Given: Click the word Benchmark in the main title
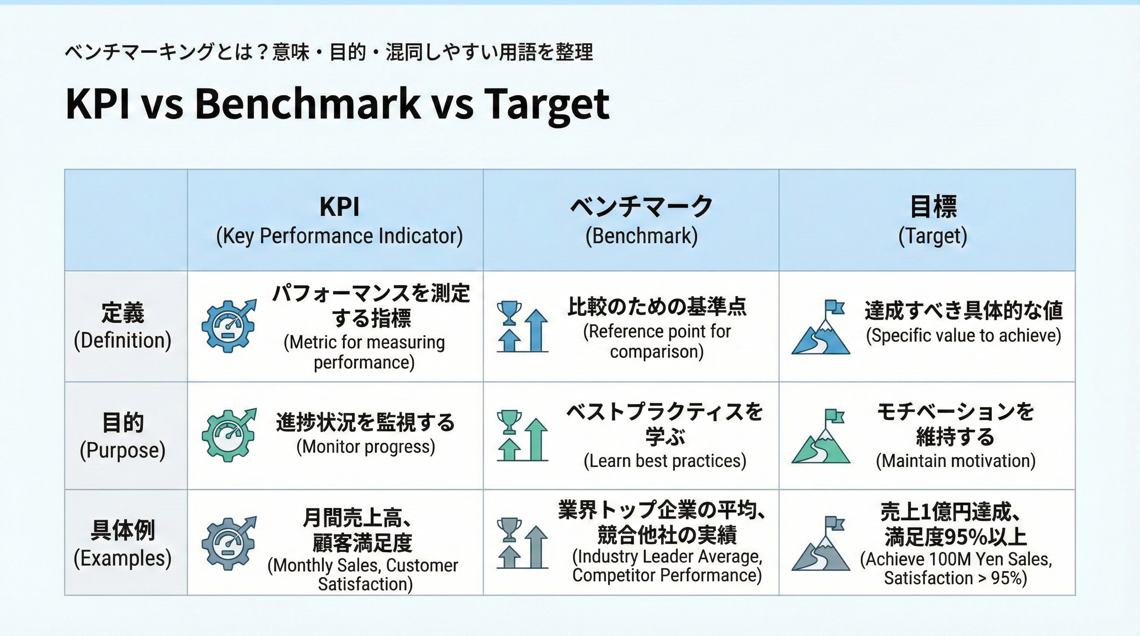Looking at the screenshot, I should pos(307,104).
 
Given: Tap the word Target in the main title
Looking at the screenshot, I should pos(546,104).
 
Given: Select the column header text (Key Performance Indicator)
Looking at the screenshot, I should pos(339,236).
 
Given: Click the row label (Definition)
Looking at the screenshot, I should pos(123,340).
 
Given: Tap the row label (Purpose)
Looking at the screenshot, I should pos(123,450).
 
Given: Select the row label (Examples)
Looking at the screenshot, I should pos(123,558).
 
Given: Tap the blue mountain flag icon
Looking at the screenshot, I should pos(821,327).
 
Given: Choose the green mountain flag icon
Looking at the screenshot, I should pos(821,436).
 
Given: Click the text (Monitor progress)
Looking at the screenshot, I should pos(365,447).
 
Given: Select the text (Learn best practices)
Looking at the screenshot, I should pos(665,461).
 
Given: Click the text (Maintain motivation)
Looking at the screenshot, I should pos(956,461).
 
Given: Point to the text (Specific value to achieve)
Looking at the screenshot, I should pos(964,335).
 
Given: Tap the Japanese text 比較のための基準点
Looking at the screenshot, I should pos(657,306).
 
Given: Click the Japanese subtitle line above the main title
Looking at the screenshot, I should pos(328,52).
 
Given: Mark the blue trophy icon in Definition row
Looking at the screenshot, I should pos(509,313).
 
